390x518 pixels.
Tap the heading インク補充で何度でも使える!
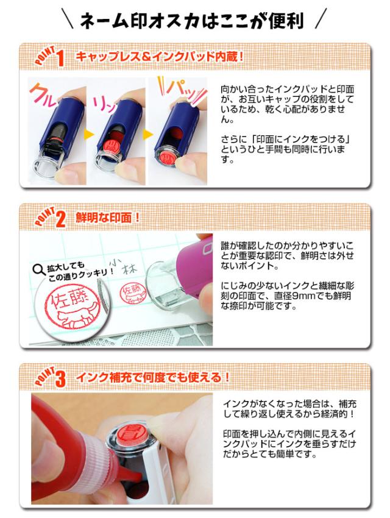pyautogui.click(x=152, y=377)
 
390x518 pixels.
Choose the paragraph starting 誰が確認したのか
pyautogui.click(x=286, y=256)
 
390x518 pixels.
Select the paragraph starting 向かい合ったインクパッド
pyautogui.click(x=287, y=104)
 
